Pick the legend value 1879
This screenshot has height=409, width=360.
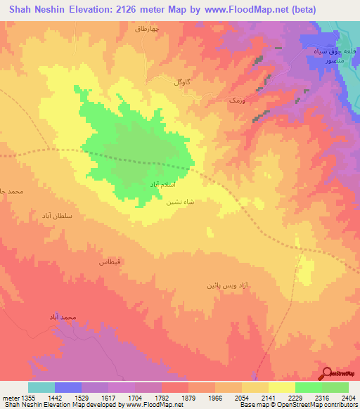point(188,397)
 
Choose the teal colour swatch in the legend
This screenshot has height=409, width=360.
point(41,387)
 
